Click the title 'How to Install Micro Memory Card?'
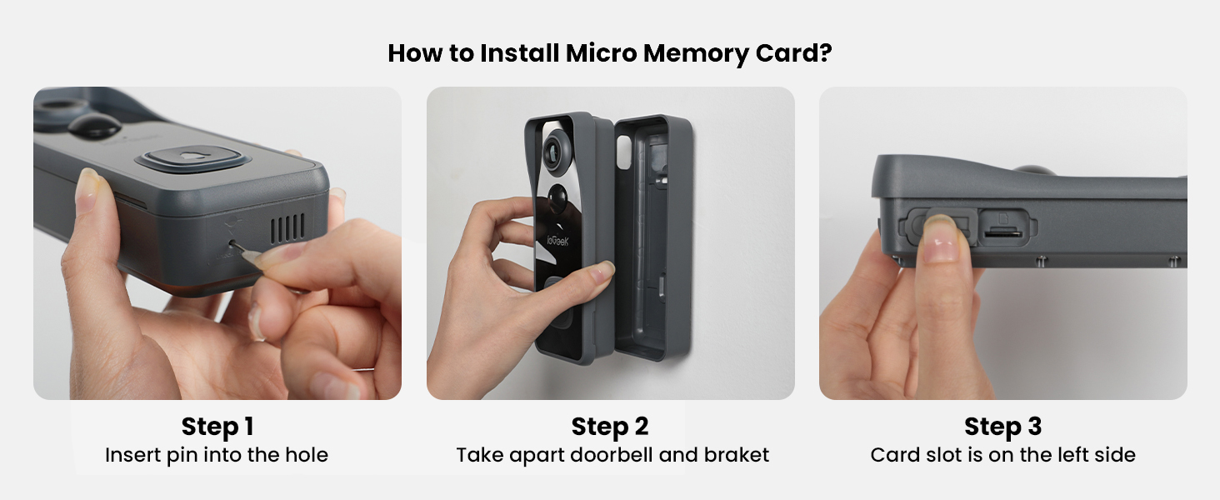tap(610, 53)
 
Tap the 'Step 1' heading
tap(217, 427)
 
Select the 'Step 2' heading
tap(610, 427)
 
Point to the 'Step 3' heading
tap(1002, 427)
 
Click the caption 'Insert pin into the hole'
tap(217, 455)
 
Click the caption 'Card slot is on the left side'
tap(1002, 455)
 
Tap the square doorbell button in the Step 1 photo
tap(193, 157)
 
